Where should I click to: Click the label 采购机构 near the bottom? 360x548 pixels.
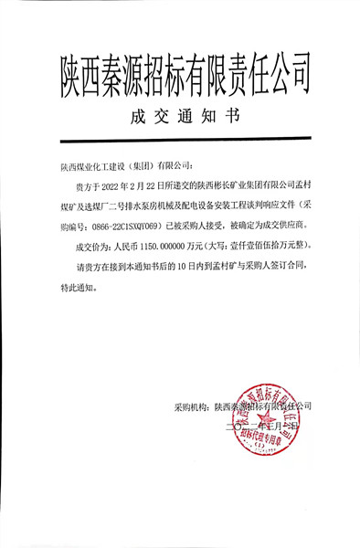click(x=191, y=406)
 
